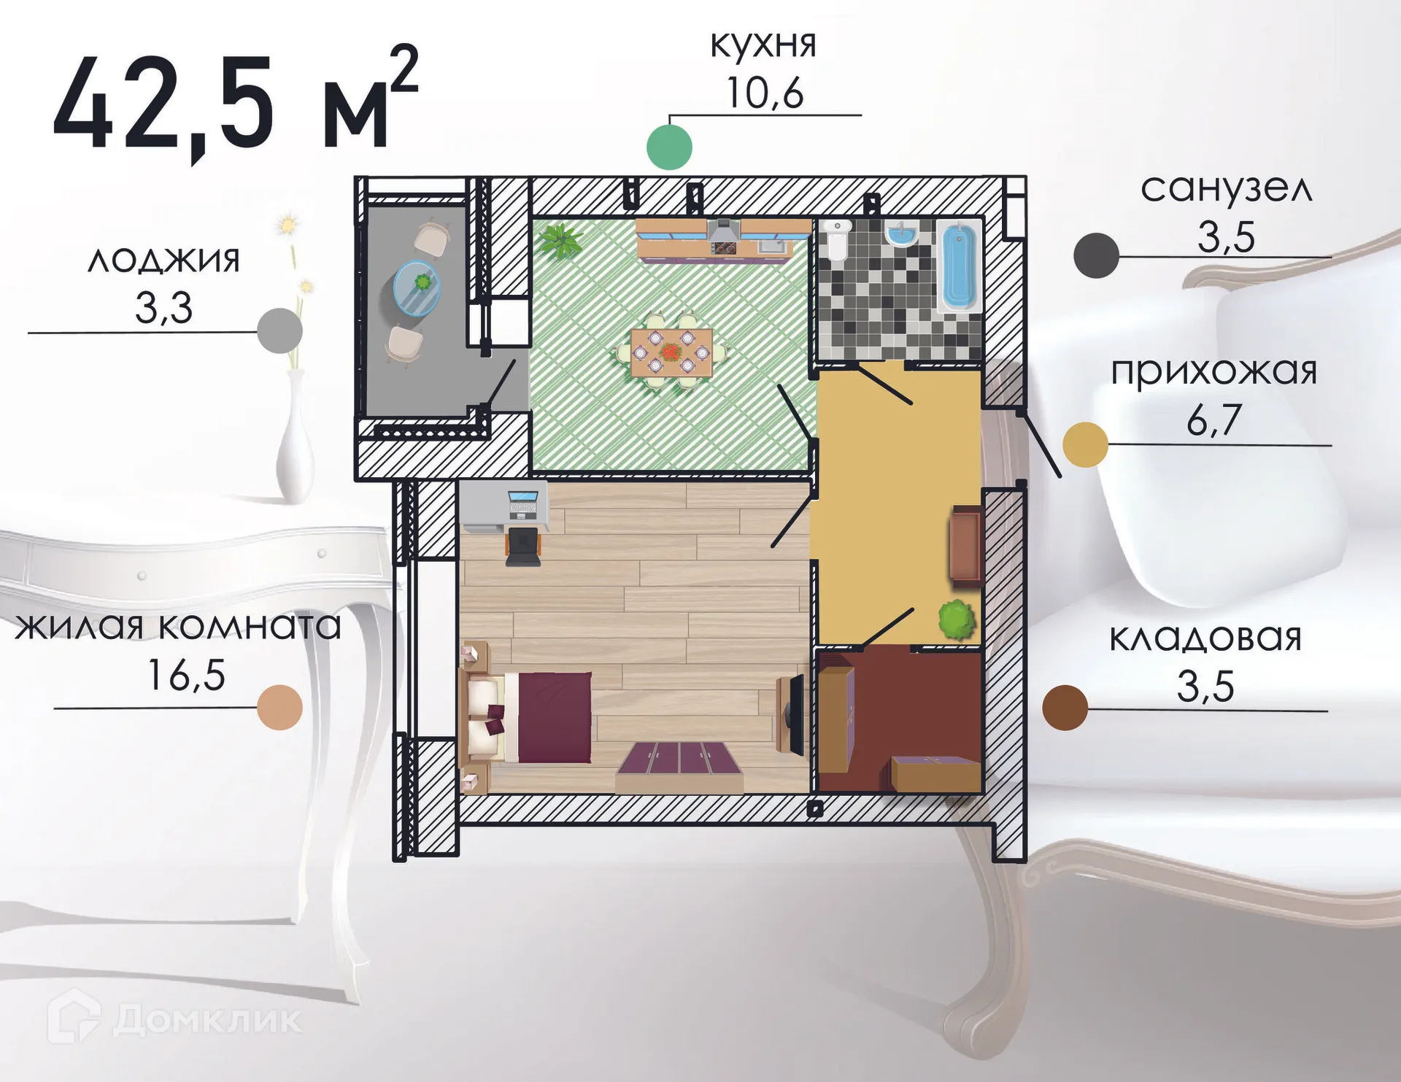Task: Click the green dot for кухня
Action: click(669, 147)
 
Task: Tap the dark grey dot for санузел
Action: click(1096, 255)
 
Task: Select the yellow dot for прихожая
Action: click(1085, 444)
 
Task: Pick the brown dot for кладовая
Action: click(1065, 708)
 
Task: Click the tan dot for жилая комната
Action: click(280, 708)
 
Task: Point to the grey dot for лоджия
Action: click(280, 331)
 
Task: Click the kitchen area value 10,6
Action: click(765, 93)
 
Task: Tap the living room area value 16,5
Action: click(186, 675)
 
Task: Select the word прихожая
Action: click(1213, 371)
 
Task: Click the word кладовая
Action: click(1205, 638)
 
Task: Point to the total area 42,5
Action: click(164, 106)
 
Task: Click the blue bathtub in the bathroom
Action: click(958, 266)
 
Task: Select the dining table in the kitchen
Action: click(671, 352)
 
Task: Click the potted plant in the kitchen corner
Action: click(559, 240)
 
